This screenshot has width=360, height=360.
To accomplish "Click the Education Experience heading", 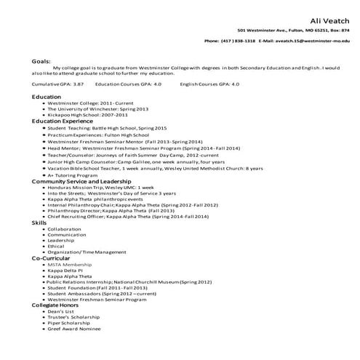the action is (63, 120).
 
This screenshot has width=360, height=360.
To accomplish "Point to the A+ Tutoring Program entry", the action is (73, 175).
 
